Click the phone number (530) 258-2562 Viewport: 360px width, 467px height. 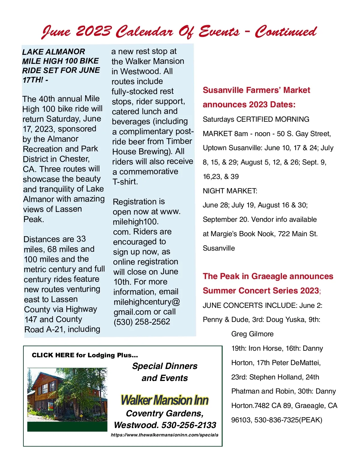(x=142, y=322)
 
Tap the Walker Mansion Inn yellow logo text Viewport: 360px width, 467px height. (x=165, y=400)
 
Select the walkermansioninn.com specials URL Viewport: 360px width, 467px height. (x=165, y=435)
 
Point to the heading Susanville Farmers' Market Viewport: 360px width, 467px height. (x=256, y=90)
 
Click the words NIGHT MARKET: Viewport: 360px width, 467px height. (x=230, y=191)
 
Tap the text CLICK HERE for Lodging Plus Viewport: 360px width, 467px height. (x=85, y=355)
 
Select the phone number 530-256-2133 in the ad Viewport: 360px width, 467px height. (x=189, y=425)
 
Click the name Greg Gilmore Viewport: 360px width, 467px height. (x=252, y=334)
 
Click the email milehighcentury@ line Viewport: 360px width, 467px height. (x=147, y=302)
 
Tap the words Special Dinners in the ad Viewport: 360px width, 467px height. (x=165, y=366)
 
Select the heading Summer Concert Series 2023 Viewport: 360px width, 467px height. (x=261, y=291)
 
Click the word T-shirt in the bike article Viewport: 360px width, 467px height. (x=125, y=182)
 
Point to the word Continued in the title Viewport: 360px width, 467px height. (x=286, y=31)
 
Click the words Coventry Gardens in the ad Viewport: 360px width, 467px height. (x=165, y=413)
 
